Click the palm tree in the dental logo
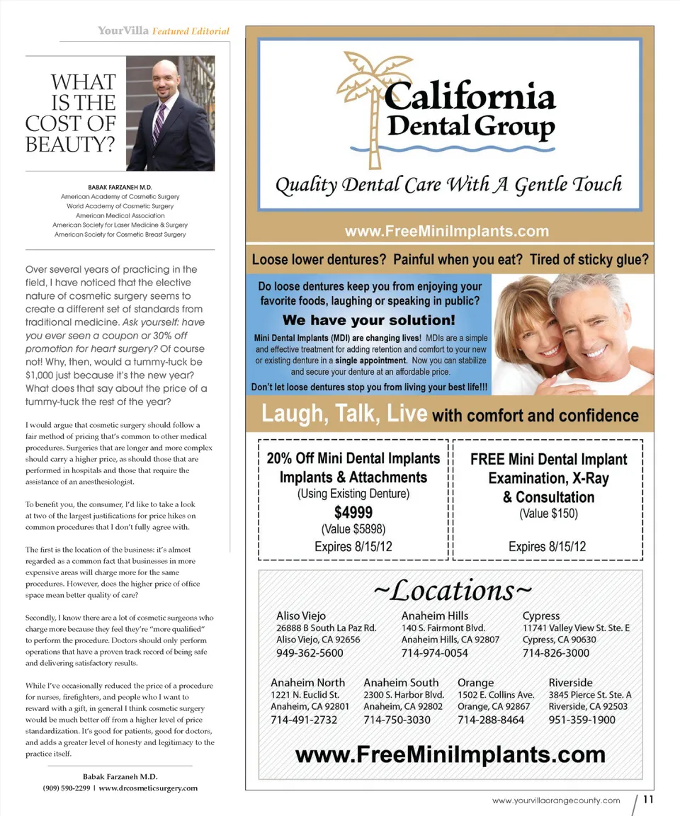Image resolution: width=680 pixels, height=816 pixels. [366, 99]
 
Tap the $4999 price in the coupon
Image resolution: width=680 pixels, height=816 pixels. [353, 511]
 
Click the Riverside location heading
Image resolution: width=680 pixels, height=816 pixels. [570, 682]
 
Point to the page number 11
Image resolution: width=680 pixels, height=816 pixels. [648, 800]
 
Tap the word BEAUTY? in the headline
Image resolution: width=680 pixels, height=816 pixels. [70, 144]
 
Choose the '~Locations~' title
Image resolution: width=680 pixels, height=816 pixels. [451, 589]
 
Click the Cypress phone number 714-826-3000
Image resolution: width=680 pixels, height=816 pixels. [555, 652]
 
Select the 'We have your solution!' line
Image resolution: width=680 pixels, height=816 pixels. [368, 320]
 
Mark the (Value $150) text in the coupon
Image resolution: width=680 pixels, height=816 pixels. [548, 514]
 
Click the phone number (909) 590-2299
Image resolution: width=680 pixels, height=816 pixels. [67, 788]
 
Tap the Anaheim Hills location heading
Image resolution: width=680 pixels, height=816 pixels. [434, 616]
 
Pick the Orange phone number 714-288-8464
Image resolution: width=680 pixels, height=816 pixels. [490, 720]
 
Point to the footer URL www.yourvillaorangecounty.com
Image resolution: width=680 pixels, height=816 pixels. [556, 800]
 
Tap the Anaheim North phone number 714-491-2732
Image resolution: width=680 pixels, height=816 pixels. [304, 720]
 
